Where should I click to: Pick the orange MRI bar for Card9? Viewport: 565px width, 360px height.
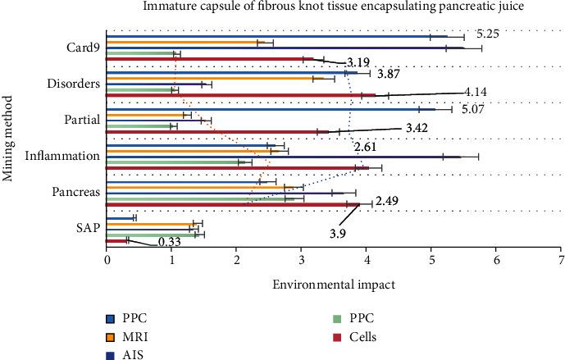click(189, 43)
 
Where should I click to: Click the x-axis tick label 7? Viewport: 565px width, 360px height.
click(561, 258)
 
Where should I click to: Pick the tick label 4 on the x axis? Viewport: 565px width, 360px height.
click(367, 258)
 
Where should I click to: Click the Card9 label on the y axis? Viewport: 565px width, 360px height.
click(84, 48)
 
